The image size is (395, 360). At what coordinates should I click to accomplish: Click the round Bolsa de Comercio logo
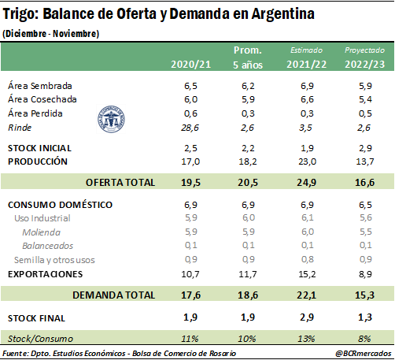pyautogui.click(x=111, y=119)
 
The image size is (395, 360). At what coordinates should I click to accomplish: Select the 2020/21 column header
pyautogui.click(x=191, y=65)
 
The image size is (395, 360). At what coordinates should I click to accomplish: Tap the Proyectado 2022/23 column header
pyautogui.click(x=364, y=58)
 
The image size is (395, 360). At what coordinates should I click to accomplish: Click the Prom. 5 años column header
pyautogui.click(x=248, y=58)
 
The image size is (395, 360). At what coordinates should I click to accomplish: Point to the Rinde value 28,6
pyautogui.click(x=190, y=128)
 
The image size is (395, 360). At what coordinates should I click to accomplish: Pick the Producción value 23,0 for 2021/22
pyautogui.click(x=307, y=161)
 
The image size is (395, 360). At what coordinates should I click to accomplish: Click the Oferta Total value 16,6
pyautogui.click(x=365, y=182)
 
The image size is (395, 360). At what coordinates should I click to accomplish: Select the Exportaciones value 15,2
pyautogui.click(x=307, y=274)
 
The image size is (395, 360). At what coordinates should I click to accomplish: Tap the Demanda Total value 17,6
pyautogui.click(x=190, y=295)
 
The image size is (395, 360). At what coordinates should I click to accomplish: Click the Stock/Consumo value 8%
pyautogui.click(x=364, y=339)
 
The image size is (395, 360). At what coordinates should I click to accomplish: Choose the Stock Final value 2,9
pyautogui.click(x=307, y=317)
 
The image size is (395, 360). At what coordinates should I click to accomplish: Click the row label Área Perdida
pyautogui.click(x=35, y=113)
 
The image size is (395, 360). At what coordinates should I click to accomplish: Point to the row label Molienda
pyautogui.click(x=42, y=232)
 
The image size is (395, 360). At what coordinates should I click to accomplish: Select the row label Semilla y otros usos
pyautogui.click(x=54, y=260)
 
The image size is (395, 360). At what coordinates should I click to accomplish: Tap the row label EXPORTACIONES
pyautogui.click(x=46, y=274)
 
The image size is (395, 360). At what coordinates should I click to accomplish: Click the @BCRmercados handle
pyautogui.click(x=364, y=353)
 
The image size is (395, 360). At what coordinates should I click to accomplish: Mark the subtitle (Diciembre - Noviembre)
pyautogui.click(x=51, y=34)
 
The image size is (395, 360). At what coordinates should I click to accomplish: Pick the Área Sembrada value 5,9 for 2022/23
pyautogui.click(x=365, y=86)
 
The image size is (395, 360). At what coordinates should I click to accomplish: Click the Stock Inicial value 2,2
pyautogui.click(x=248, y=148)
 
